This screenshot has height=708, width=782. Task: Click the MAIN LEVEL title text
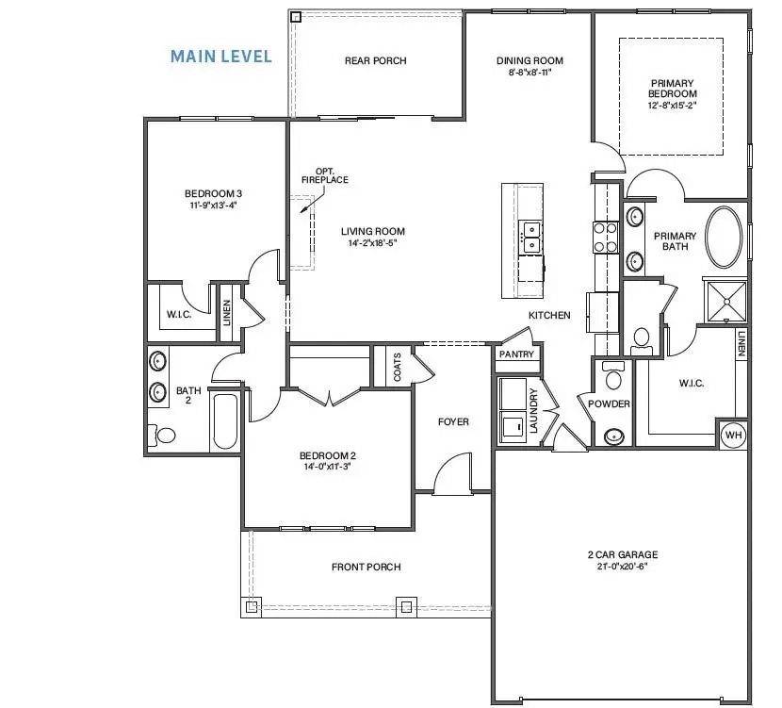click(x=220, y=57)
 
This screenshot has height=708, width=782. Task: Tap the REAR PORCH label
click(x=375, y=61)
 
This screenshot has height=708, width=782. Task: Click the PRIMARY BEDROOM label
click(x=672, y=88)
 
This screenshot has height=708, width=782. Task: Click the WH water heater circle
click(x=733, y=435)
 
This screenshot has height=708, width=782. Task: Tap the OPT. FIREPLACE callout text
click(x=324, y=175)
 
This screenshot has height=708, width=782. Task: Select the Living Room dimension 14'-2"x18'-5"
click(x=373, y=243)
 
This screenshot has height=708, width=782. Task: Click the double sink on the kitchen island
click(x=530, y=236)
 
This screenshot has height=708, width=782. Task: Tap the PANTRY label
click(x=515, y=354)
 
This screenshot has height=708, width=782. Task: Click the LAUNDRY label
click(x=533, y=410)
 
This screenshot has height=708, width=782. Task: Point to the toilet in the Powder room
click(x=613, y=378)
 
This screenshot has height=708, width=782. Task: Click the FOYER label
click(x=453, y=422)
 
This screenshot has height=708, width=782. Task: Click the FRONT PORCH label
click(x=366, y=567)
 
